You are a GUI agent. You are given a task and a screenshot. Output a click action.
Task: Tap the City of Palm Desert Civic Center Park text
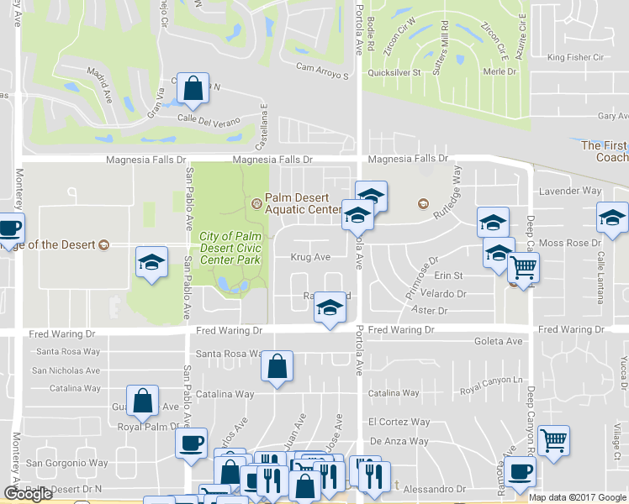click(x=230, y=248)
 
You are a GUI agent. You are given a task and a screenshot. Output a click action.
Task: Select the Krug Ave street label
click(x=309, y=257)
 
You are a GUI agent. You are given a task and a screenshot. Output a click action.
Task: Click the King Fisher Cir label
click(x=576, y=57)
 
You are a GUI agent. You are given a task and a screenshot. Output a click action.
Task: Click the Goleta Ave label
click(x=498, y=342)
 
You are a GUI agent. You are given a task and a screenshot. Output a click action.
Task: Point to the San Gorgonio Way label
click(x=66, y=463)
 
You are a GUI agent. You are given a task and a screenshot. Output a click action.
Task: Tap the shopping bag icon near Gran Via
click(x=193, y=90)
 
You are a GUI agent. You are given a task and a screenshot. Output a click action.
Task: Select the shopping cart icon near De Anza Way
click(x=553, y=439)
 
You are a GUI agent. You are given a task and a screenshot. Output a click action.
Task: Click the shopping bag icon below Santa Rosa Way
click(x=277, y=366)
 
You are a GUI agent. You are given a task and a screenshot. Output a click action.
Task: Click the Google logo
click(x=28, y=494)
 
